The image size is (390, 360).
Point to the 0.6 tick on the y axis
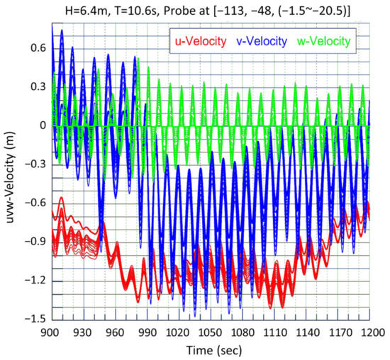[x=38, y=47]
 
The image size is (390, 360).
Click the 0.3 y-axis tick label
[x=38, y=86]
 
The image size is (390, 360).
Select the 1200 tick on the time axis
[x=369, y=332]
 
